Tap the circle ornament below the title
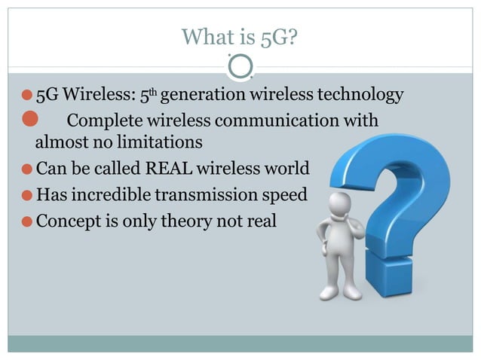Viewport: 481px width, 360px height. tap(240, 68)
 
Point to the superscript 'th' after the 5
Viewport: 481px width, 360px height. tap(152, 93)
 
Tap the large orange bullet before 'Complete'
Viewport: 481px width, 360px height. tap(30, 118)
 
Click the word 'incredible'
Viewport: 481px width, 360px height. tap(111, 195)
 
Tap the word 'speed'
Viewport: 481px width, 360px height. tap(283, 195)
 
